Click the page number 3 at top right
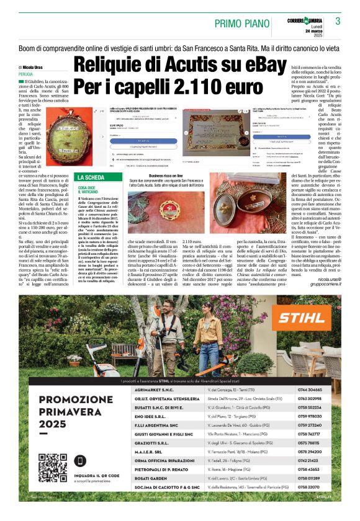pos(338,21)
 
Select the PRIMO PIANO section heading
pos(245,23)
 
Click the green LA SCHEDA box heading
pos(89,160)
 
